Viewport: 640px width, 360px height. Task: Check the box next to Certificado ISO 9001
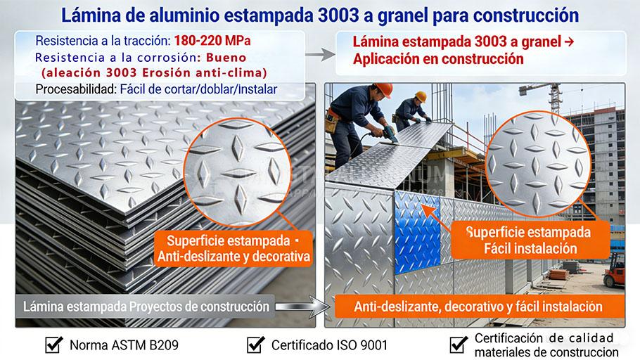click(255, 345)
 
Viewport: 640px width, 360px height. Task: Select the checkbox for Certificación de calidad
click(459, 345)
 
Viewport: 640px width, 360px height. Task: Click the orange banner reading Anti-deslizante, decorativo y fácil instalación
click(478, 307)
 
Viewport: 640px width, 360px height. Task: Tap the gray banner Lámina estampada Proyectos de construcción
click(146, 307)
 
